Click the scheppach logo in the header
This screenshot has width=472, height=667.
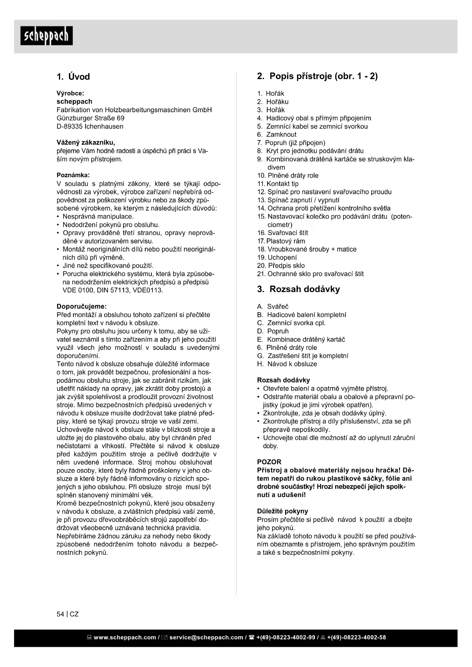point(46,36)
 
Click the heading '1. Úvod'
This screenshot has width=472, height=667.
point(73,77)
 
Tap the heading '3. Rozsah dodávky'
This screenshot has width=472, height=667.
point(298,289)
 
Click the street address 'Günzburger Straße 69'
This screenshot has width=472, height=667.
point(91,118)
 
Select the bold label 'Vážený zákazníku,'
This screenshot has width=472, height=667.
point(86,143)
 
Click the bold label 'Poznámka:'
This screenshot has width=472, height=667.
point(73,175)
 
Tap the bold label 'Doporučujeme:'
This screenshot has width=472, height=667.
point(82,307)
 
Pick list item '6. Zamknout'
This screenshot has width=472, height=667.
point(277,135)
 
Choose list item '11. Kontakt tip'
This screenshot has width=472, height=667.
point(278,184)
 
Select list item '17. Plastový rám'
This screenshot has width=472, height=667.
point(281,241)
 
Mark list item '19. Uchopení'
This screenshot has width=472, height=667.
point(277,257)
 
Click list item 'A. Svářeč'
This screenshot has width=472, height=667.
point(273,307)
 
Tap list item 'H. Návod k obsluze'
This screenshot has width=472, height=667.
point(287,364)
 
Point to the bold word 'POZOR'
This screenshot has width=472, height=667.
point(269,462)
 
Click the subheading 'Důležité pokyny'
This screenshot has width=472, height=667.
point(283,511)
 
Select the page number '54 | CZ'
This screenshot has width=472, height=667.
point(68,614)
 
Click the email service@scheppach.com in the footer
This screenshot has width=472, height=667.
point(206,637)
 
